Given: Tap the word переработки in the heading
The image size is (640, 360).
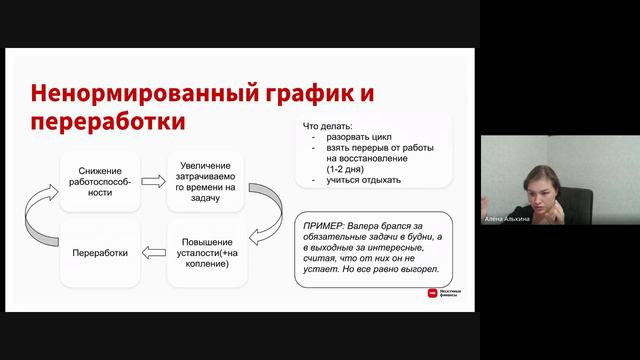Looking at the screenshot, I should pos(109,122).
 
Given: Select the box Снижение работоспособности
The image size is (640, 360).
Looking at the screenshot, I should pos(99,181).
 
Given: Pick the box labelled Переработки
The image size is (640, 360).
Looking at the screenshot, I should pos(100,252).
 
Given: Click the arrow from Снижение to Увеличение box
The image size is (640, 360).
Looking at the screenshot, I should pos(153,182).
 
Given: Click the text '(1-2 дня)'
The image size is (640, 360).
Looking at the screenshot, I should pos(344,168).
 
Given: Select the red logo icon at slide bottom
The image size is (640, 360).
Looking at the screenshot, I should pos(433,293).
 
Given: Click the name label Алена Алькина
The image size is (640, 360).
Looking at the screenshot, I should pos(506,219).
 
